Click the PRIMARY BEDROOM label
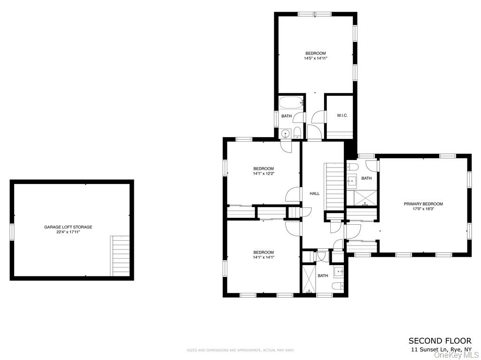(x=423, y=204)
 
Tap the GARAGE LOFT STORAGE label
(x=68, y=227)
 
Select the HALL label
(x=314, y=193)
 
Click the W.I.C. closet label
(x=342, y=115)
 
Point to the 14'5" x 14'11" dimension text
(x=315, y=59)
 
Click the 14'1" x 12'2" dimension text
(x=263, y=174)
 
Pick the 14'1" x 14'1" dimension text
(x=263, y=257)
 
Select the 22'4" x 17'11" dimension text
(x=68, y=232)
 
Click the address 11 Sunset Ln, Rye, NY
(x=441, y=350)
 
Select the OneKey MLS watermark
(x=456, y=355)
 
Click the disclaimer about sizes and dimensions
(x=240, y=350)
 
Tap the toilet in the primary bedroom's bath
(x=353, y=167)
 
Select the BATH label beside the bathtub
(x=286, y=116)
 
